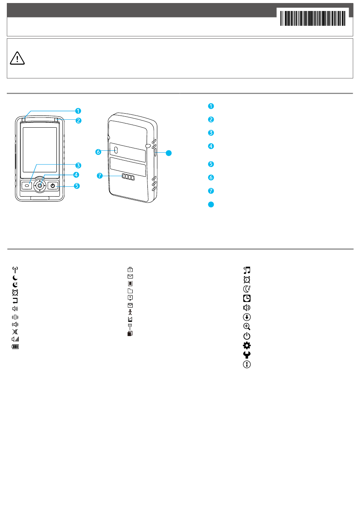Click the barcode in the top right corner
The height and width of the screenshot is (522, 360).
click(313, 18)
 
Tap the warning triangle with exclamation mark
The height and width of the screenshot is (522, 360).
click(17, 58)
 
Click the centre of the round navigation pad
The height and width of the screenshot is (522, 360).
click(40, 186)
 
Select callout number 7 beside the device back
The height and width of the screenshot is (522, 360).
click(100, 176)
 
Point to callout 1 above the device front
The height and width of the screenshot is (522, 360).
click(78, 111)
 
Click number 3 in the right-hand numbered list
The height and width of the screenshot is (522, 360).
click(211, 133)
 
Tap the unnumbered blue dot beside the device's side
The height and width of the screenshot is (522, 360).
click(169, 153)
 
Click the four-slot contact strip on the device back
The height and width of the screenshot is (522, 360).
click(128, 177)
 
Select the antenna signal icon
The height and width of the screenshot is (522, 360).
click(15, 270)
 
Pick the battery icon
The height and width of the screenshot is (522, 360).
click(15, 347)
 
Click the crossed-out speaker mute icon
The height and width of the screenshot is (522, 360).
click(15, 332)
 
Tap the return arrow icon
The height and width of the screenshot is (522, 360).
click(15, 301)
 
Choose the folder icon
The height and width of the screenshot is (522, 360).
click(130, 291)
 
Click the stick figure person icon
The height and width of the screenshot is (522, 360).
click(130, 312)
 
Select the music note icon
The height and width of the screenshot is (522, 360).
click(247, 270)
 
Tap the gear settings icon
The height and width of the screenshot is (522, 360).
click(247, 345)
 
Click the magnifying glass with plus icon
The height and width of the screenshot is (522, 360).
click(247, 327)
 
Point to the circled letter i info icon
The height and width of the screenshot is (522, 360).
click(247, 364)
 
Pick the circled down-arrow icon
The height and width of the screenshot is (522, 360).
click(247, 317)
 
